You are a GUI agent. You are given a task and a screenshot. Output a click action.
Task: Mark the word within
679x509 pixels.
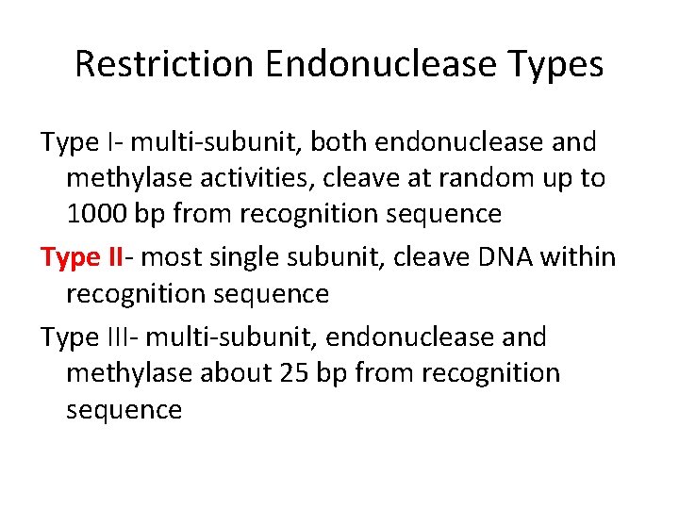(x=582, y=256)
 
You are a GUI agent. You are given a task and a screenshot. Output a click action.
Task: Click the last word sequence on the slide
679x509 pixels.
(x=124, y=410)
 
